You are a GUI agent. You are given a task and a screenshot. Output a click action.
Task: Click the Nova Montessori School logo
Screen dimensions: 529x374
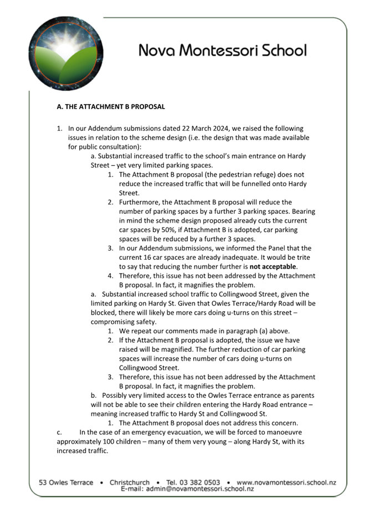coord(66,53)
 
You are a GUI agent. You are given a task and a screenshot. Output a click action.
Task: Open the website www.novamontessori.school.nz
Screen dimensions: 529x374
coord(286,482)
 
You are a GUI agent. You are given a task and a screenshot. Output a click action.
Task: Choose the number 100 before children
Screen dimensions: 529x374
coord(110,441)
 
